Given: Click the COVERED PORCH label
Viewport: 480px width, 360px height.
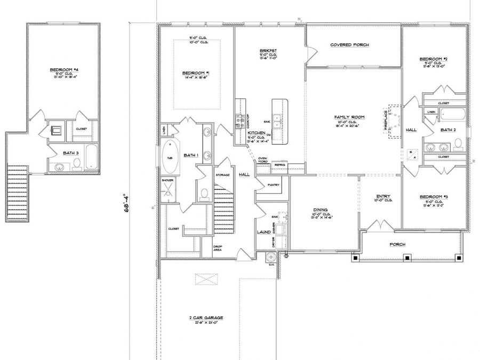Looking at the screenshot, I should point(349,45).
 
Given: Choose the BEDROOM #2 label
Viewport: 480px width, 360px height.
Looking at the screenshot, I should point(433,59).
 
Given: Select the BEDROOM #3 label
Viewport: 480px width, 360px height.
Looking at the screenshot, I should point(433,197).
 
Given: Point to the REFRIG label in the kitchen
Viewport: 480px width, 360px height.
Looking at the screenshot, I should point(280,165).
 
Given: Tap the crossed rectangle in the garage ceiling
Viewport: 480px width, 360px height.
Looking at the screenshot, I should point(206,279).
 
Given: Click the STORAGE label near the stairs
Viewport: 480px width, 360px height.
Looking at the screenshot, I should point(222,175).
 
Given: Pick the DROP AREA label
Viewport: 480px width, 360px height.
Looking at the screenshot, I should point(217,247).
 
